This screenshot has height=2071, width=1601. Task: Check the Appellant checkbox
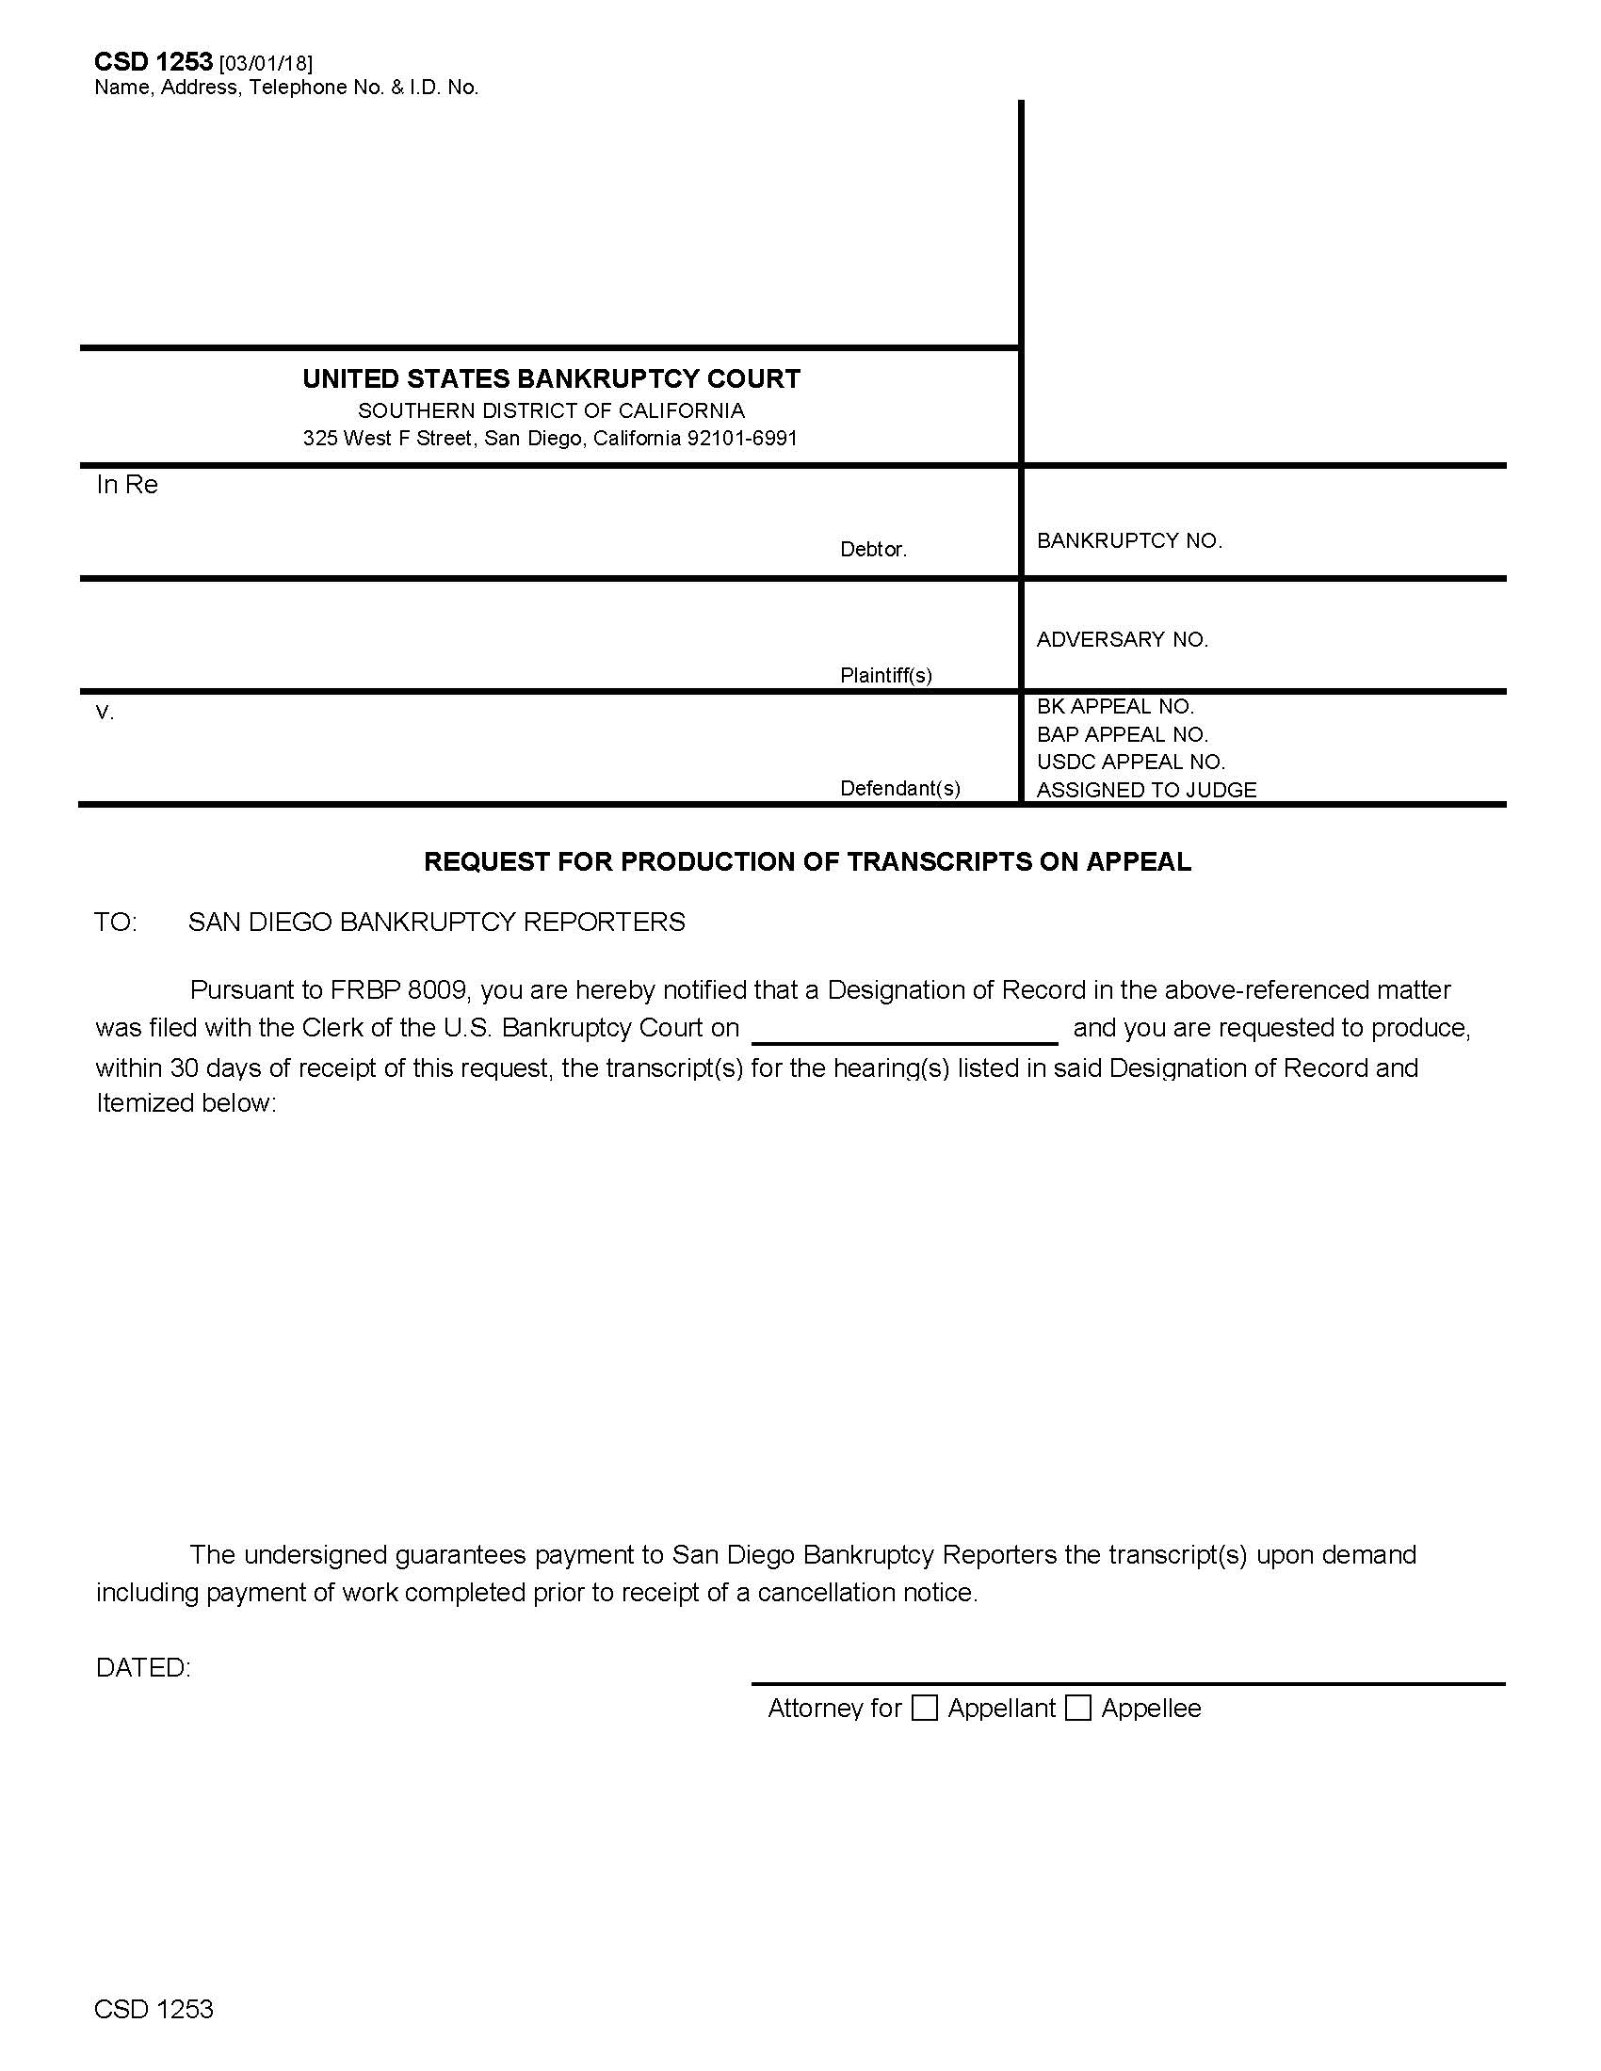(x=924, y=1708)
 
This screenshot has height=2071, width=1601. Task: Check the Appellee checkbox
(x=1077, y=1708)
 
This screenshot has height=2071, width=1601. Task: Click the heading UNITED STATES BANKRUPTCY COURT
(x=551, y=379)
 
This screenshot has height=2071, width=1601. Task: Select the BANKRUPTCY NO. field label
(x=1128, y=540)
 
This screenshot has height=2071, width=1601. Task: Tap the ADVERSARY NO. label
(x=1122, y=639)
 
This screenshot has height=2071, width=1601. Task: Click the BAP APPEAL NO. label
(x=1122, y=734)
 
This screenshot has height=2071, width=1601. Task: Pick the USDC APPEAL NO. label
(x=1130, y=762)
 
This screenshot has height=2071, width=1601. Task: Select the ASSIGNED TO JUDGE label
(x=1146, y=790)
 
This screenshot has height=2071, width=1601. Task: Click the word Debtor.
(x=873, y=549)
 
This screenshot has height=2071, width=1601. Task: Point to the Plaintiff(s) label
(x=886, y=675)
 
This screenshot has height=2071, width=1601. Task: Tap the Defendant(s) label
(x=900, y=788)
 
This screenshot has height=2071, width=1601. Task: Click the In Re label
(x=127, y=485)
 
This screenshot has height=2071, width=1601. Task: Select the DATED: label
(x=143, y=1668)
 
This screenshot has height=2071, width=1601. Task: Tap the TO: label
(x=116, y=922)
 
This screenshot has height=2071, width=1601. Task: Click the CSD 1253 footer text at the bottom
(x=154, y=2009)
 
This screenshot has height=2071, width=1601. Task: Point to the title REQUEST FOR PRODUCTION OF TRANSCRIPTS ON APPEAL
(x=807, y=862)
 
